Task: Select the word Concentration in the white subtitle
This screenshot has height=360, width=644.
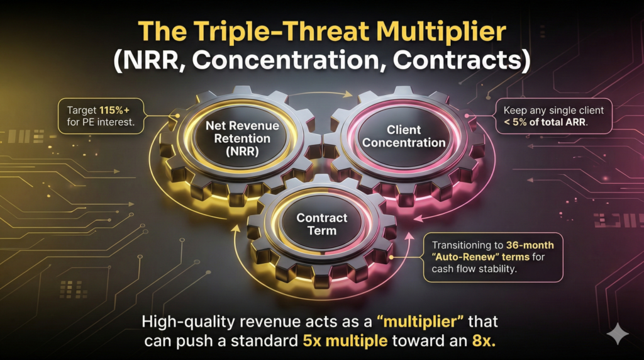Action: click(286, 60)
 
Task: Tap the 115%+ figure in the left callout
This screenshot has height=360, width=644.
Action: click(114, 110)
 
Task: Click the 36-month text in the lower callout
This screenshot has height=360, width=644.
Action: click(530, 245)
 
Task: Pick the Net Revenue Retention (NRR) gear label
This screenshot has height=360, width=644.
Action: click(242, 138)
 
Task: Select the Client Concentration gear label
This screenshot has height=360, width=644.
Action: click(404, 136)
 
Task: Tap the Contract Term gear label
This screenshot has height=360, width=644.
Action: click(322, 224)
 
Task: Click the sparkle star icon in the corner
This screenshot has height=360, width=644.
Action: click(618, 334)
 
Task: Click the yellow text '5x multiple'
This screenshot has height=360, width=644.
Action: click(345, 341)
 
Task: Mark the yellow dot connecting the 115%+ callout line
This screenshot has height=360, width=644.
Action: click(177, 116)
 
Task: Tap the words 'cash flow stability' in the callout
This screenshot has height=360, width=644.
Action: click(474, 269)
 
